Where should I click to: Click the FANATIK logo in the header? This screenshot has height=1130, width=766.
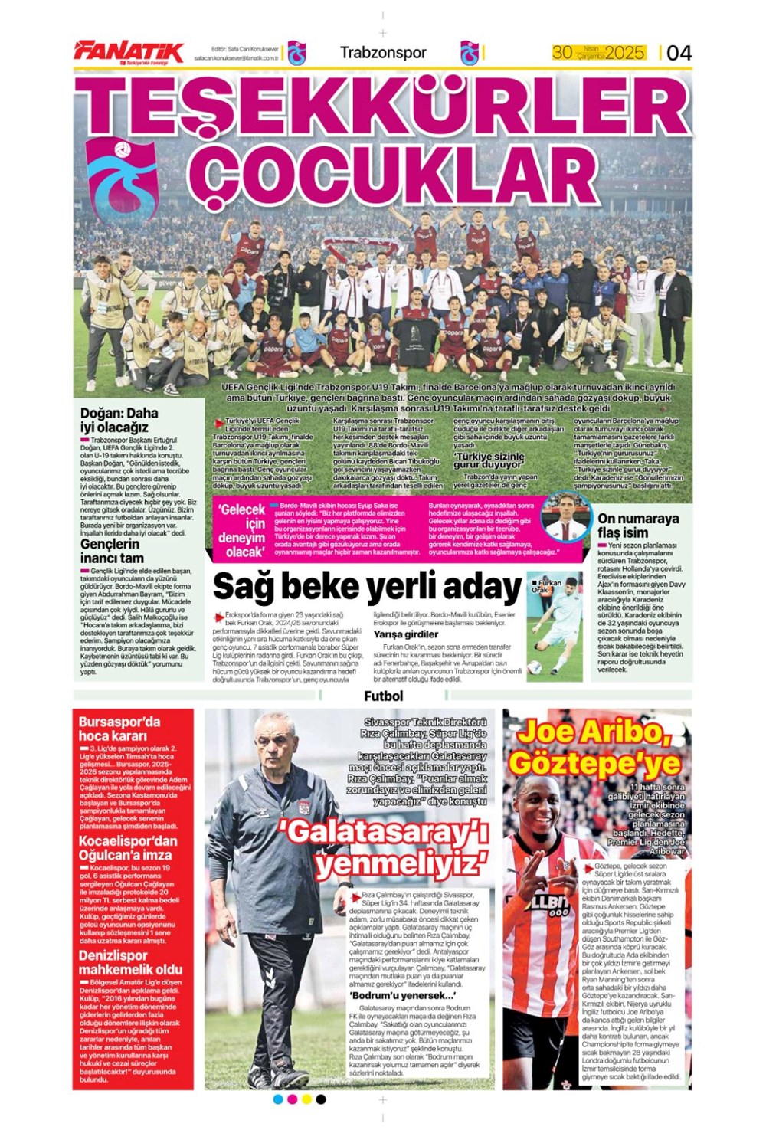[x=129, y=52]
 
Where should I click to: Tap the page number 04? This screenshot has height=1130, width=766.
[x=679, y=52]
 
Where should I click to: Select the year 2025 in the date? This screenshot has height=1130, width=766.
[x=624, y=53]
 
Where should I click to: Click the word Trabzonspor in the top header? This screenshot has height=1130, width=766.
[x=382, y=53]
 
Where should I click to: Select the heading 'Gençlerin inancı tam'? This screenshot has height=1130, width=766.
[x=112, y=551]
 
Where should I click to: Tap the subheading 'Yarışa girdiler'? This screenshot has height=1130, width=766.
[x=405, y=634]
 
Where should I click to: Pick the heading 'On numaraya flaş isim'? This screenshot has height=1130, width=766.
[x=638, y=525]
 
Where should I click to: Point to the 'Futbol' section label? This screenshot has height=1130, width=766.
[x=383, y=696]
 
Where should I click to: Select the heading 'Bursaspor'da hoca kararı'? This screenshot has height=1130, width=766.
[x=119, y=728]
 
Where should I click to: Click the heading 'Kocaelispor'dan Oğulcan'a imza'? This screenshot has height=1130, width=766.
[x=127, y=847]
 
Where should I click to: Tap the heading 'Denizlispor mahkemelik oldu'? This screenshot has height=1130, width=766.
[x=130, y=962]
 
